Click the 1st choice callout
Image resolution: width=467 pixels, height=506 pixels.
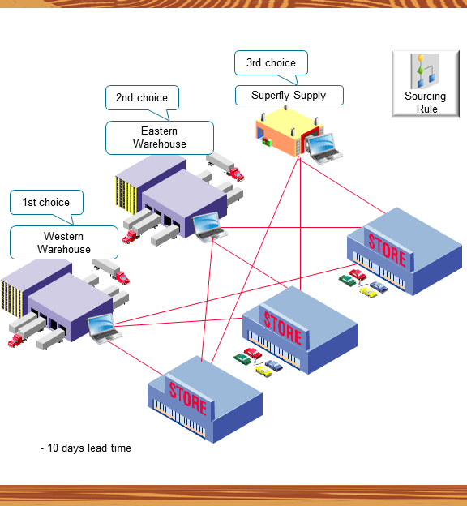tap(45, 203)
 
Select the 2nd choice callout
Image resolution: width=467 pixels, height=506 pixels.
tap(141, 98)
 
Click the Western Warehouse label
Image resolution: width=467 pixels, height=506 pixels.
tap(63, 242)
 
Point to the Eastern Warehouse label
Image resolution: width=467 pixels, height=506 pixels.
tap(159, 138)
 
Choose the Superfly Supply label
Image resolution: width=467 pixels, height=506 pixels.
tap(289, 96)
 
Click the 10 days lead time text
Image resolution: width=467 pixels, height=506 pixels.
tap(86, 448)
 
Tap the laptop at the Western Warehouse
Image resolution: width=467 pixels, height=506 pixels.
tap(105, 328)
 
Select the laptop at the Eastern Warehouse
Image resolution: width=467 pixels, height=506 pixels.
tap(208, 225)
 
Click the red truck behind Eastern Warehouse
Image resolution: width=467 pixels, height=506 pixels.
tap(234, 174)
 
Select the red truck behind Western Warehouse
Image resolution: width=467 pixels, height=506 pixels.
tap(121, 277)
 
